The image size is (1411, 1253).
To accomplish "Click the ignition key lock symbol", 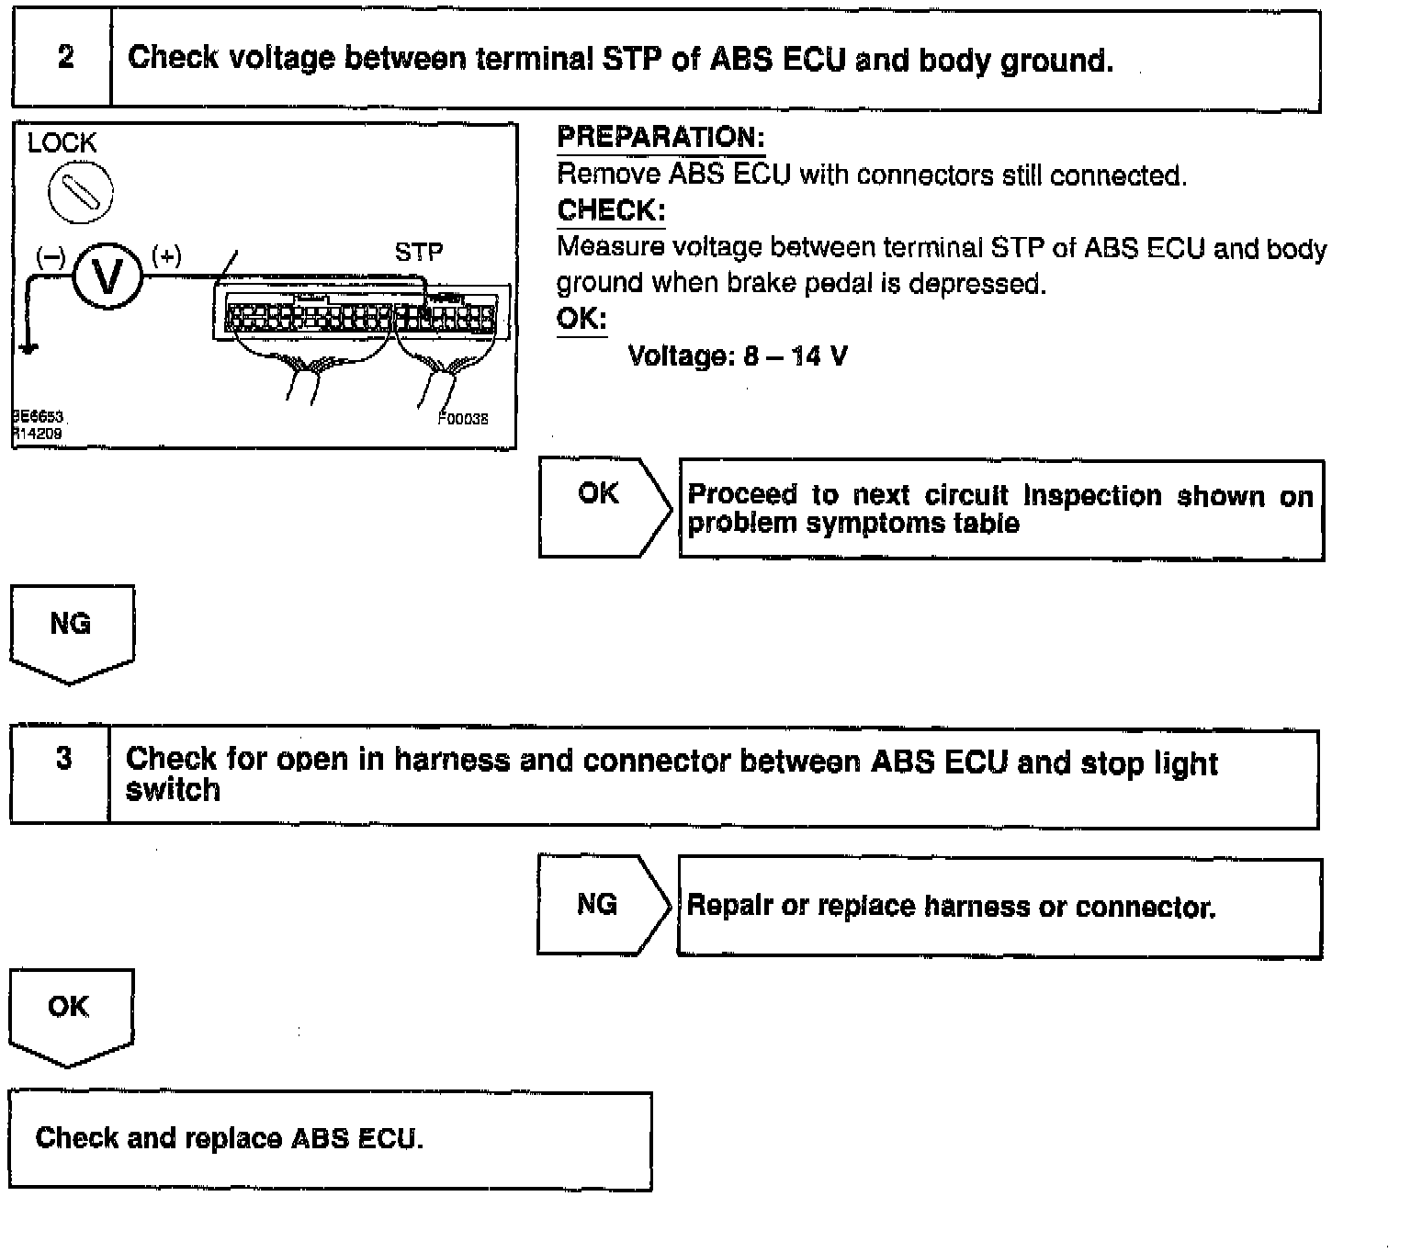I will point(81,194).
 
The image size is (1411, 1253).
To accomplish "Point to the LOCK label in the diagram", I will point(62,143).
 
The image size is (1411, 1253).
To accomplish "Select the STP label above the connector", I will point(418,253).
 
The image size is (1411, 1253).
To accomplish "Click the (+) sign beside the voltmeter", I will point(166,255).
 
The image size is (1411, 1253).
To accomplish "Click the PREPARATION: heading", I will point(660,138).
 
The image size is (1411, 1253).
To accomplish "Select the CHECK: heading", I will point(611,210).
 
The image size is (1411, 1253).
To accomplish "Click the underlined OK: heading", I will point(581,319).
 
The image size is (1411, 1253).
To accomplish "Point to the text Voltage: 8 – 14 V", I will point(738,356).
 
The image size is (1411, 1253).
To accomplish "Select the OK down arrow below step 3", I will point(70,1015).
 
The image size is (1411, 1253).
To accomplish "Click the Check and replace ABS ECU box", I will point(330,1139).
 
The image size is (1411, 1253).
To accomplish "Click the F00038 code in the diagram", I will point(463,419).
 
